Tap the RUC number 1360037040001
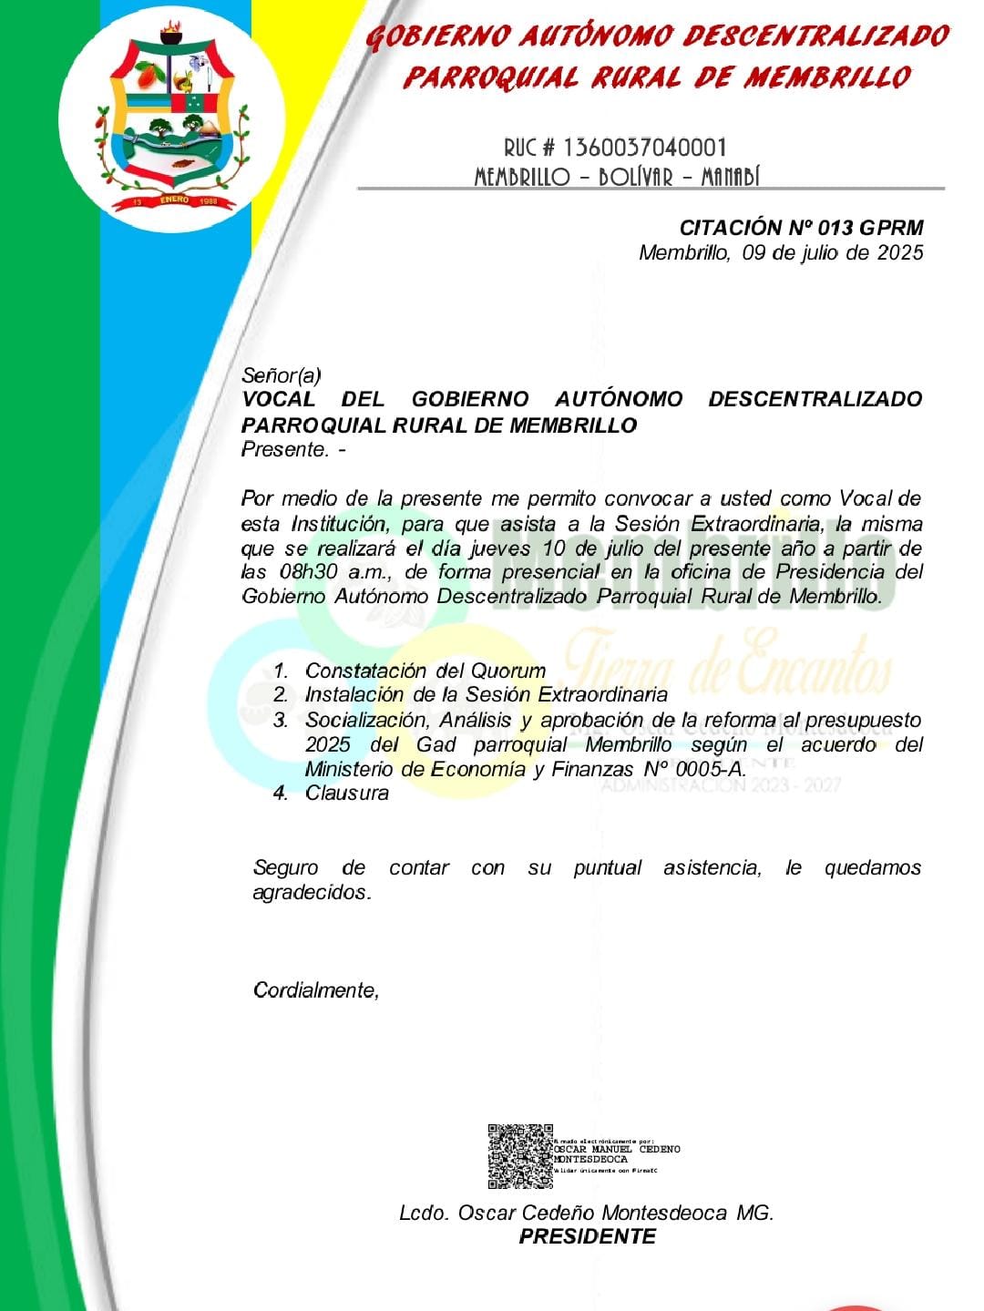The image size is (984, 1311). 645,148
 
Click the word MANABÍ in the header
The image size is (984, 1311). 730,177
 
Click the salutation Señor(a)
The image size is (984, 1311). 282,374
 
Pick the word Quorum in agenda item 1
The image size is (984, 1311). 507,671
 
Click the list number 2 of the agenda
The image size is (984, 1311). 281,694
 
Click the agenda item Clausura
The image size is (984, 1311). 347,793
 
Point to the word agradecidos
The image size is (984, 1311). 311,892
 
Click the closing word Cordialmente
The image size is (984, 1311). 314,990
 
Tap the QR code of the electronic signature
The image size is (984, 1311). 520,1155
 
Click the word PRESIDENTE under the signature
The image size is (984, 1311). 588,1236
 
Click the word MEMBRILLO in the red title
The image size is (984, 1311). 826,77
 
